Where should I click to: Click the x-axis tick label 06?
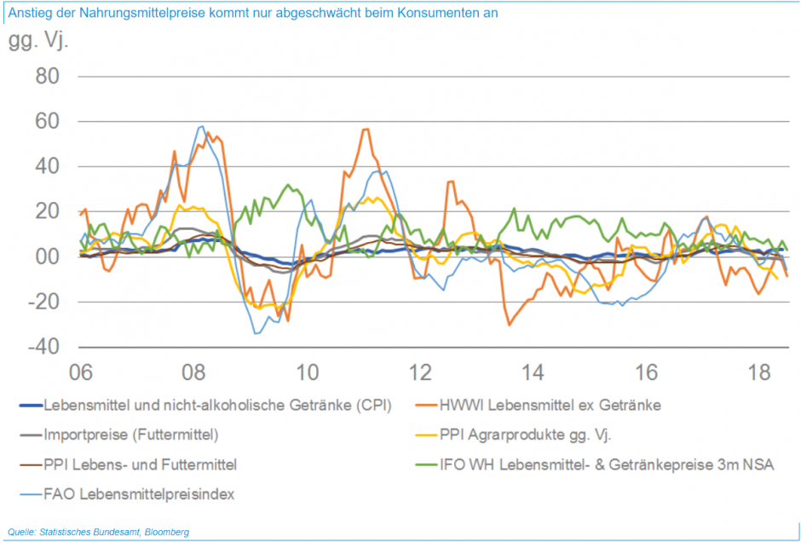[80, 372]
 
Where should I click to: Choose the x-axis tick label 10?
[307, 372]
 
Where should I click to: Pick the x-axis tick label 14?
[533, 372]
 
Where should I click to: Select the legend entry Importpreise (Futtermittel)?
[130, 435]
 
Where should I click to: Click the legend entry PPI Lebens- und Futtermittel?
[140, 464]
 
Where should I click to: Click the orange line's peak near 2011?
[366, 129]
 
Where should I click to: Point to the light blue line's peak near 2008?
[201, 126]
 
